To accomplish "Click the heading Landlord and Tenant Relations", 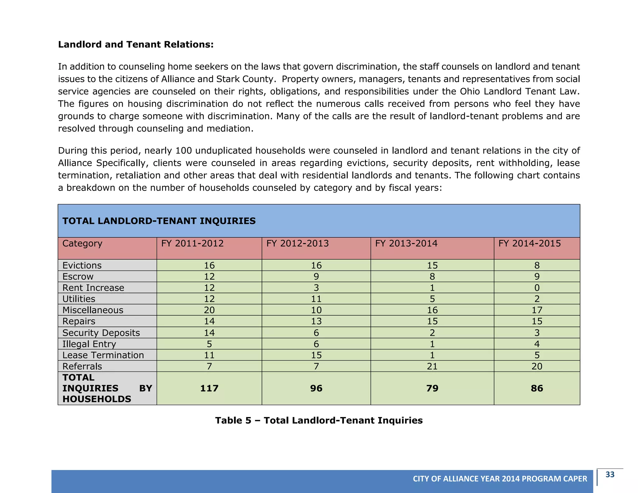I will click(136, 45).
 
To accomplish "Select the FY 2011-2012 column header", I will click(192, 243).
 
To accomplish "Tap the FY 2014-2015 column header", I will click(529, 243).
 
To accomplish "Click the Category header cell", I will click(82, 243).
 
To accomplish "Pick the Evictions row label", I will click(82, 266).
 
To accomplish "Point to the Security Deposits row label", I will click(101, 333).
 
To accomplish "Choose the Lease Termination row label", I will click(103, 355).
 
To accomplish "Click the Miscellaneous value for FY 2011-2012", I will click(209, 310).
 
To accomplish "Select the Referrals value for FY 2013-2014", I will click(432, 366).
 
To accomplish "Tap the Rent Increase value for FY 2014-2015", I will click(537, 288).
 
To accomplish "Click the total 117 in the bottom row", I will click(209, 388).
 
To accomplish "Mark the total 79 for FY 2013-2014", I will click(432, 388).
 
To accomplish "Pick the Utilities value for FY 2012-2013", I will click(316, 299).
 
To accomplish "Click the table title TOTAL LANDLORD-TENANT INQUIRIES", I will click(159, 221).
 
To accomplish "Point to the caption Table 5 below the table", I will click(319, 420).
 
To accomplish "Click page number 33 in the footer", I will click(610, 475).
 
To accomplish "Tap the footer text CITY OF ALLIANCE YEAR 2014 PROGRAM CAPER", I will click(500, 479).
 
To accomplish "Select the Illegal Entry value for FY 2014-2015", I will click(537, 344).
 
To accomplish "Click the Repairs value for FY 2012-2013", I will click(316, 321).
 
